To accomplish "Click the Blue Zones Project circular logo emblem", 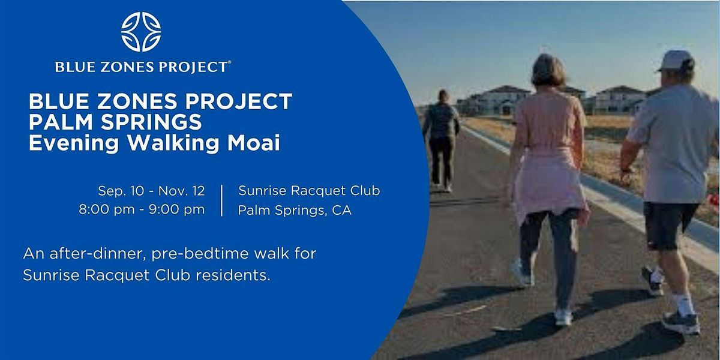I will click(142, 31).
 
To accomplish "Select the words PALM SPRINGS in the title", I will click(115, 123).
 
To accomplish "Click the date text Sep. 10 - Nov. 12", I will click(151, 191).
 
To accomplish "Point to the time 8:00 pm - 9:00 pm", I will click(142, 209).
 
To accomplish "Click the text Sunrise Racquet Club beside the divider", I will click(309, 191).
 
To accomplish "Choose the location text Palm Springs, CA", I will click(295, 210).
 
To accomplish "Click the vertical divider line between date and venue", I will click(222, 200).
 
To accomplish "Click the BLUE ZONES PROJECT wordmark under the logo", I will click(142, 67).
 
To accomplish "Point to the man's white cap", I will click(676, 59).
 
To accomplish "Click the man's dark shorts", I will click(670, 225).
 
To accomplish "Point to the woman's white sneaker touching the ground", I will click(563, 317).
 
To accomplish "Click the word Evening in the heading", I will click(66, 144).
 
